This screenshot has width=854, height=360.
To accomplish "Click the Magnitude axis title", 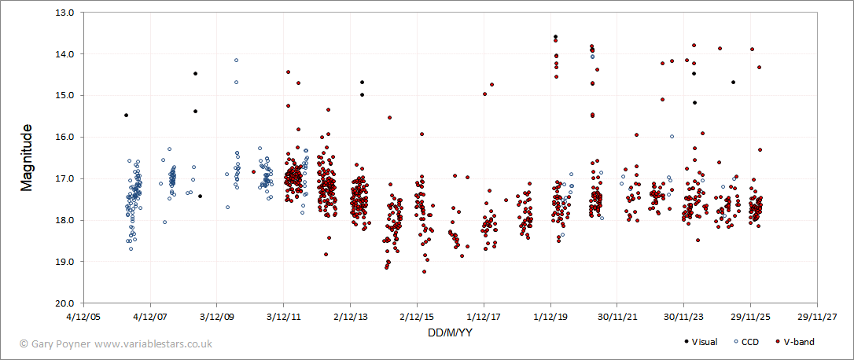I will (27, 157).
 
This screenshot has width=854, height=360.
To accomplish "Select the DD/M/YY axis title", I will (450, 332).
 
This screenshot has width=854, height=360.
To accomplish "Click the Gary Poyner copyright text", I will (116, 343).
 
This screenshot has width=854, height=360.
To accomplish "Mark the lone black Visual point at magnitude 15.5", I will (126, 116).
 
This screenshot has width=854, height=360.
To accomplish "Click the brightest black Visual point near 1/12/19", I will (555, 37).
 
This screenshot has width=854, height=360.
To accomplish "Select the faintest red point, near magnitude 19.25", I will (424, 272).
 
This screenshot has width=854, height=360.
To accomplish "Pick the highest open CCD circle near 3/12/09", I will (236, 61).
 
